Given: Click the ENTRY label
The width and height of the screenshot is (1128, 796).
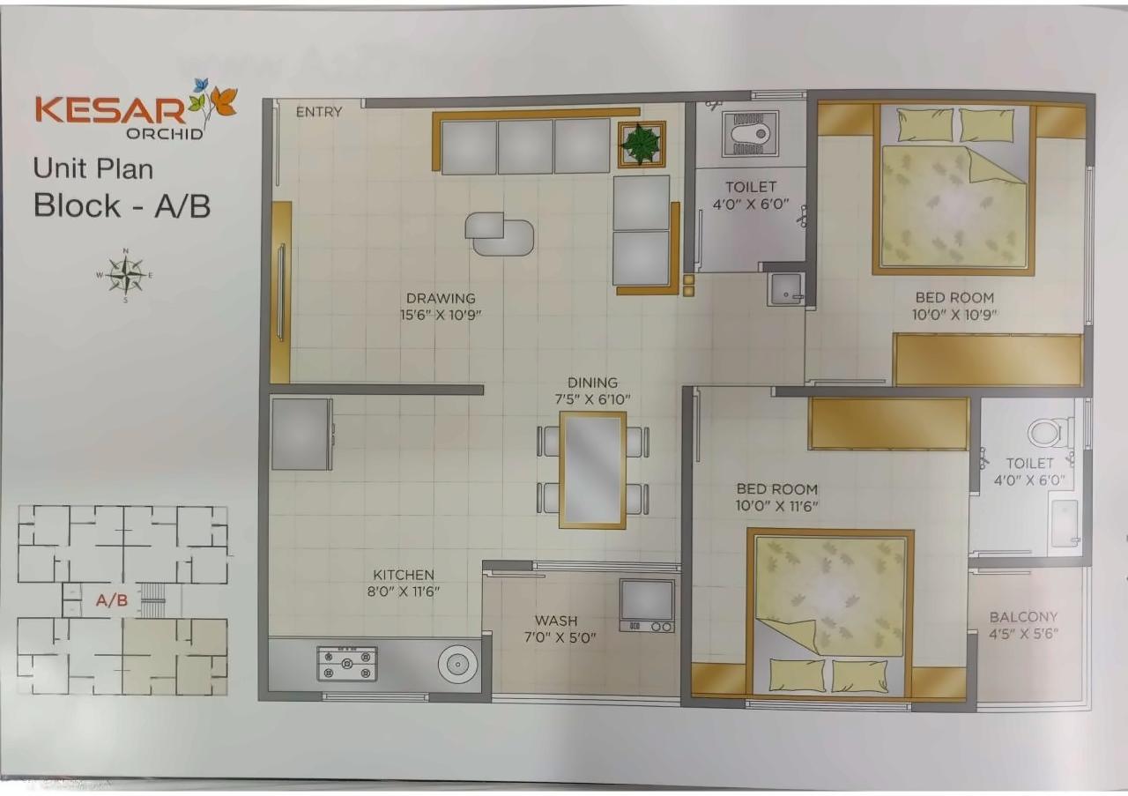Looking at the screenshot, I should point(319,112).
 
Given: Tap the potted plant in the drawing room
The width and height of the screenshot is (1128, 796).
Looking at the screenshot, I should point(641,144).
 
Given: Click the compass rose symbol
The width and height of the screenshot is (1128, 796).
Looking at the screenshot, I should point(127,276).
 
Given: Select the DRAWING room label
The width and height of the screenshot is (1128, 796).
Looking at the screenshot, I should point(441,298).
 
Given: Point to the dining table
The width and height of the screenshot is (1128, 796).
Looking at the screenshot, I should point(593,469).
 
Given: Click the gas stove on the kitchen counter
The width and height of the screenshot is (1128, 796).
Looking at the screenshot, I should point(347,663).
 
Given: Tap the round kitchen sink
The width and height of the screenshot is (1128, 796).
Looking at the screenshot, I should point(457,664).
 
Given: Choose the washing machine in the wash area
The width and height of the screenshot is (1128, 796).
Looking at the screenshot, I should point(647,605).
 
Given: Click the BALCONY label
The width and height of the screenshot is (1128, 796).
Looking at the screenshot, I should point(1023,617).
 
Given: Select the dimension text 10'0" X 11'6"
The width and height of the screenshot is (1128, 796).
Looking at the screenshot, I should point(776,506).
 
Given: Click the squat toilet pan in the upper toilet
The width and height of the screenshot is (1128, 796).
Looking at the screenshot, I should point(750,134).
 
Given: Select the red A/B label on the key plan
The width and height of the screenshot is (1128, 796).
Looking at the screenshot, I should point(112,601).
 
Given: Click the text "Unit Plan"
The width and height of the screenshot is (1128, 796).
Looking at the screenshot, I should point(93,167).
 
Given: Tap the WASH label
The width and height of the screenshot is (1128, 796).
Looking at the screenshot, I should point(556,621).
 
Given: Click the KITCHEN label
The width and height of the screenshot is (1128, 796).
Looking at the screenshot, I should point(403,575).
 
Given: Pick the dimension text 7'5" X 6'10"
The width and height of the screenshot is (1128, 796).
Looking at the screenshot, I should point(592,399).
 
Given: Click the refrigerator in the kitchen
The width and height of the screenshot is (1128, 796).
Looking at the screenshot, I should point(301,434).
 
